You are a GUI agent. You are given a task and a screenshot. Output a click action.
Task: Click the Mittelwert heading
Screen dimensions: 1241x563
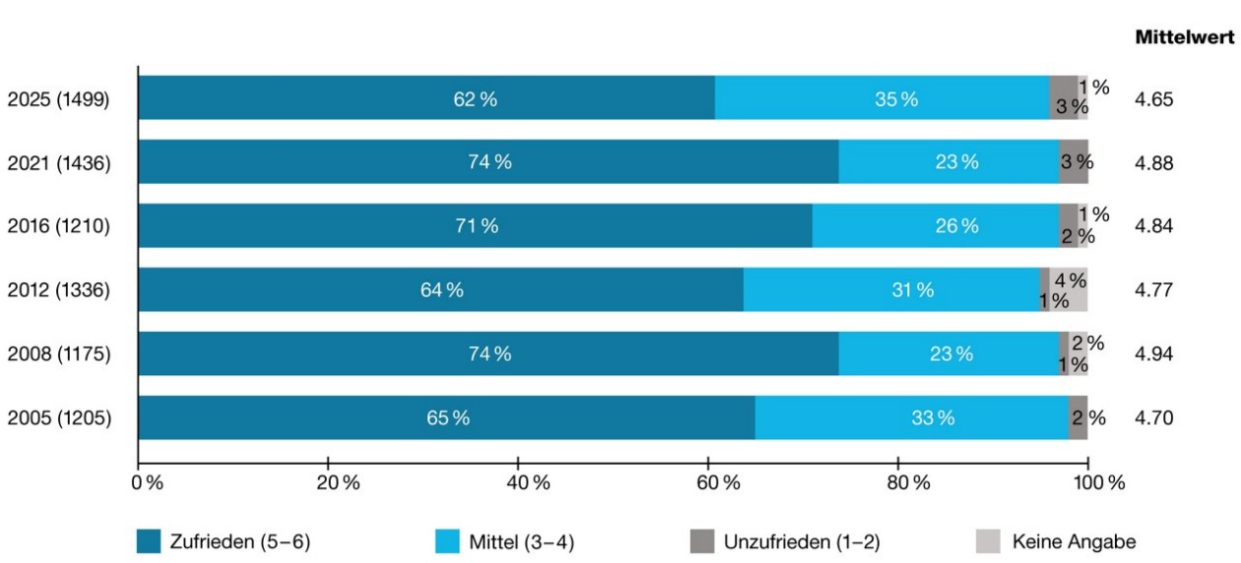[1185, 37]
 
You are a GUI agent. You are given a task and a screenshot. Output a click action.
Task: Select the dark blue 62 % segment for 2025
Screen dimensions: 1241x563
[426, 97]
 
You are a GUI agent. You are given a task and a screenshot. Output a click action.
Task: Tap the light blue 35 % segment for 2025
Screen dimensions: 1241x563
[882, 97]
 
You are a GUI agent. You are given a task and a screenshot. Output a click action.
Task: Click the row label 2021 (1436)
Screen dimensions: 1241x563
[59, 162]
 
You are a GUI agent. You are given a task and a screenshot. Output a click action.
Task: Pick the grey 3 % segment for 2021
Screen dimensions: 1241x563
[1074, 161]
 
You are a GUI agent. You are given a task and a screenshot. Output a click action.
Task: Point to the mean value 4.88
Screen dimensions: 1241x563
[1154, 162]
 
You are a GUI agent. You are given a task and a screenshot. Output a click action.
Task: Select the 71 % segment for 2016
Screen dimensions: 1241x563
[476, 225]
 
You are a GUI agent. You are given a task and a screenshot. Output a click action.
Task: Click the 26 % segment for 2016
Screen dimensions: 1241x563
[936, 225]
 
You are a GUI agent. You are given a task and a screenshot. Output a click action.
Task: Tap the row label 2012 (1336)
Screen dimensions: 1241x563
[59, 289]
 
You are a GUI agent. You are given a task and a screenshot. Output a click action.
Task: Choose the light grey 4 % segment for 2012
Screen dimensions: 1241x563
[1069, 289]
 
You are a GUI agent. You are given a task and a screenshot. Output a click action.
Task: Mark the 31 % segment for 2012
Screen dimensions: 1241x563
[892, 289]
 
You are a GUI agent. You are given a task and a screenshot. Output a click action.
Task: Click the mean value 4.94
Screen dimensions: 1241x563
[1154, 353]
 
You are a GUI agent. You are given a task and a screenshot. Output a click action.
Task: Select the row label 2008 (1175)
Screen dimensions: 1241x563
[59, 353]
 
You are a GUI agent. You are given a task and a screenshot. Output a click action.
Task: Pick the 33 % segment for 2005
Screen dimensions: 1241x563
[912, 417]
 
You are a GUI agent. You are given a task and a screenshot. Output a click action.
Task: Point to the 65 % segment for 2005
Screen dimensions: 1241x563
[446, 417]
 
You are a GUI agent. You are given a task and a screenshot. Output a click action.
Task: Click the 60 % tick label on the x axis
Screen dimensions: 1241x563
[718, 482]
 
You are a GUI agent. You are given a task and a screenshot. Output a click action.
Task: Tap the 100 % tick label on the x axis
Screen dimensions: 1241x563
[1099, 482]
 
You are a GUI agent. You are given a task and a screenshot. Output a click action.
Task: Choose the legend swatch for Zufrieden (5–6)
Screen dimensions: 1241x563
[149, 541]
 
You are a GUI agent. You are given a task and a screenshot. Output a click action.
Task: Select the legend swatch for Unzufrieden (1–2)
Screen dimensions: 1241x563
[702, 541]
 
